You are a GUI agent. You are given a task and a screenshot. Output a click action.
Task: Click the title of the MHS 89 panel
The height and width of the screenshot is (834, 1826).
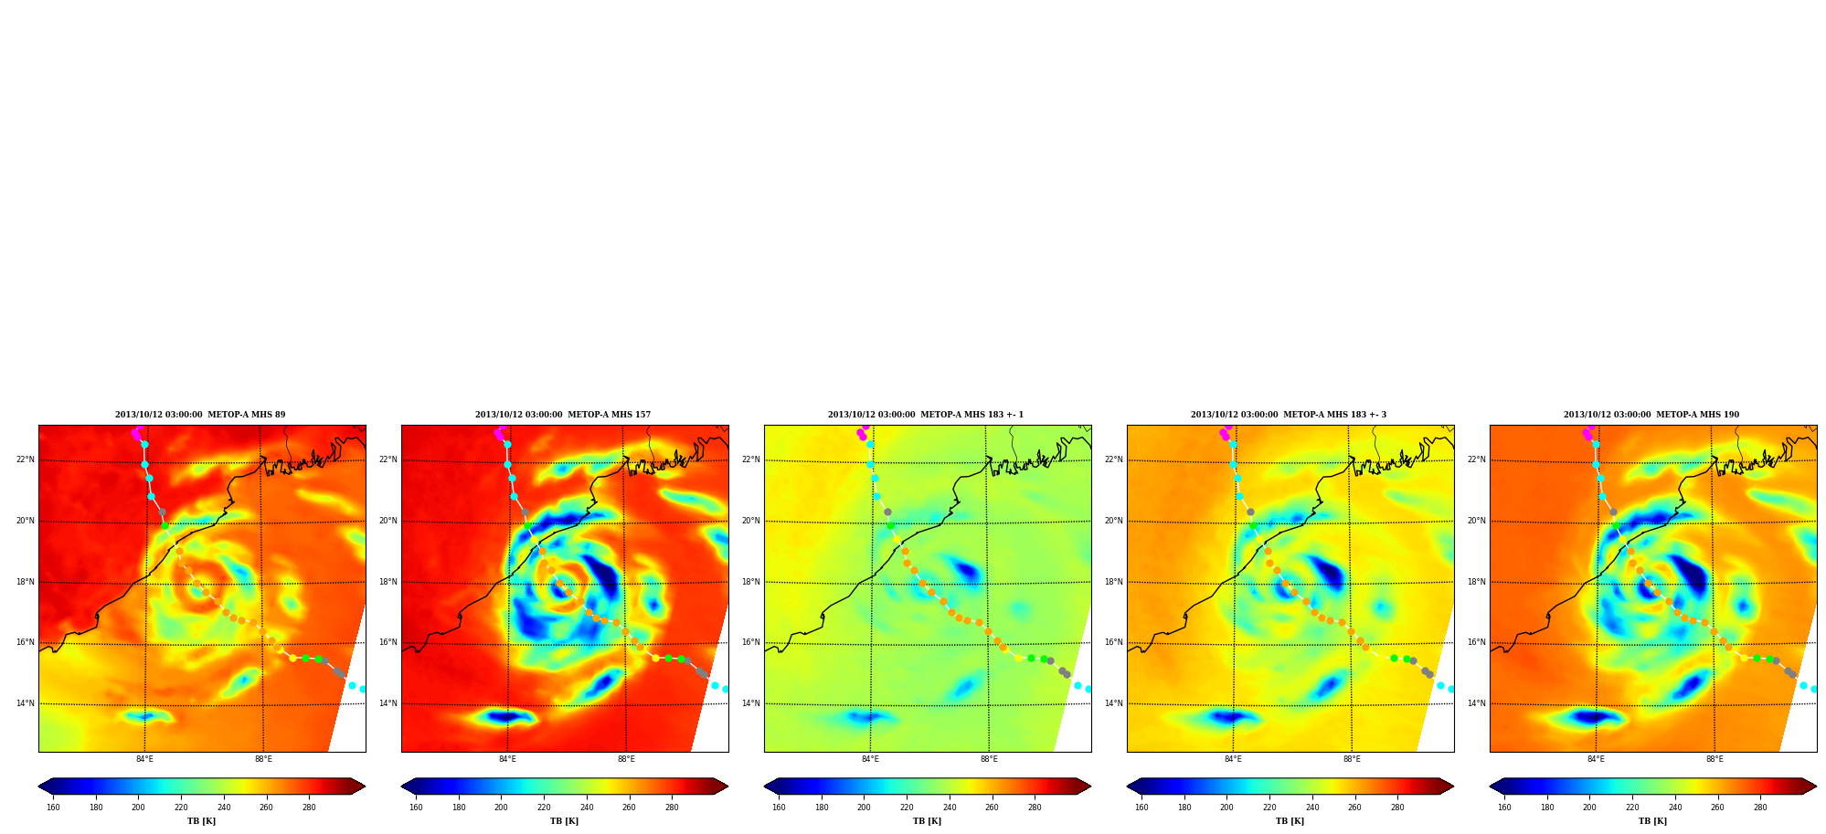(200, 415)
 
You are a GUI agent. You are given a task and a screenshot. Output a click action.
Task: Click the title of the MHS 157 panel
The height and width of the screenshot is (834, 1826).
(563, 415)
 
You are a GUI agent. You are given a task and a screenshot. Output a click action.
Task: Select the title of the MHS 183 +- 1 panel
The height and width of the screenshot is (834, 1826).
(926, 415)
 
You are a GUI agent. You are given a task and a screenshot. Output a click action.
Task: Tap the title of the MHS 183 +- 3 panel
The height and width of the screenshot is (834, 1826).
(1289, 415)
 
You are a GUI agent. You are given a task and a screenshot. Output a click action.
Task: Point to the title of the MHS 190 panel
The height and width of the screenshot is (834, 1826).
(1651, 415)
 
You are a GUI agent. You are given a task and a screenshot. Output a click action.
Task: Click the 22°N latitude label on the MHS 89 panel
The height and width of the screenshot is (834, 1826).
(26, 459)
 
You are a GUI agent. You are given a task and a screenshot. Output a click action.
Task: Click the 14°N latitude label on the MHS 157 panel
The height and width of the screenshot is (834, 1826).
(388, 703)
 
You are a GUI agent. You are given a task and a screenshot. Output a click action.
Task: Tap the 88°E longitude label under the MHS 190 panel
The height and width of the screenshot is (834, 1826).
(1715, 759)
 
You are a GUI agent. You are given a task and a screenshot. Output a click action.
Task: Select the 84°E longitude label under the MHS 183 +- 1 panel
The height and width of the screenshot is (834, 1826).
(870, 759)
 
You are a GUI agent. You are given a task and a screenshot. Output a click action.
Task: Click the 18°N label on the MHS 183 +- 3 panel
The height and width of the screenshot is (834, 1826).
(1114, 582)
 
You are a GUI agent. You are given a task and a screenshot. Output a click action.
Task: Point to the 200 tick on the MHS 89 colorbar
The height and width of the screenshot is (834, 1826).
(138, 808)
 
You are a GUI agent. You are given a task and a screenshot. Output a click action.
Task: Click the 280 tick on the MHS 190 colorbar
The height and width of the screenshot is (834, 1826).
(1760, 808)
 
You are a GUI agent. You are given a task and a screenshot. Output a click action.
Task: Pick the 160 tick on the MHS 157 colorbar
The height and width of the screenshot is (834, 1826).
(416, 808)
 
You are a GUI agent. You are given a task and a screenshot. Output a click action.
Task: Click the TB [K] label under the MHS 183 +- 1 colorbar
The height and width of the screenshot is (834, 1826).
(927, 821)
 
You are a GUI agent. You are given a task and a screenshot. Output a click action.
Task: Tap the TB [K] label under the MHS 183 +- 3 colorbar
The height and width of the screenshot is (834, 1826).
(1290, 821)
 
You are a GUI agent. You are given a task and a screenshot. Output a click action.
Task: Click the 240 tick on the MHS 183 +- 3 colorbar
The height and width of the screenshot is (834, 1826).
(1312, 808)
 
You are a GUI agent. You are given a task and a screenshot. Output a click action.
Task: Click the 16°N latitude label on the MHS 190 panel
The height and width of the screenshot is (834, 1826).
(1477, 642)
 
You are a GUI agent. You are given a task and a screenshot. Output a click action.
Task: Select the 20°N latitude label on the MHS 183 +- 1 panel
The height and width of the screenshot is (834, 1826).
(751, 521)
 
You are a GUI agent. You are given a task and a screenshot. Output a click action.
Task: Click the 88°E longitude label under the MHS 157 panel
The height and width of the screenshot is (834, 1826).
(626, 759)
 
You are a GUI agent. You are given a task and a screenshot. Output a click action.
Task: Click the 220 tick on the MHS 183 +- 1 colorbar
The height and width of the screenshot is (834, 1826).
(907, 808)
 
